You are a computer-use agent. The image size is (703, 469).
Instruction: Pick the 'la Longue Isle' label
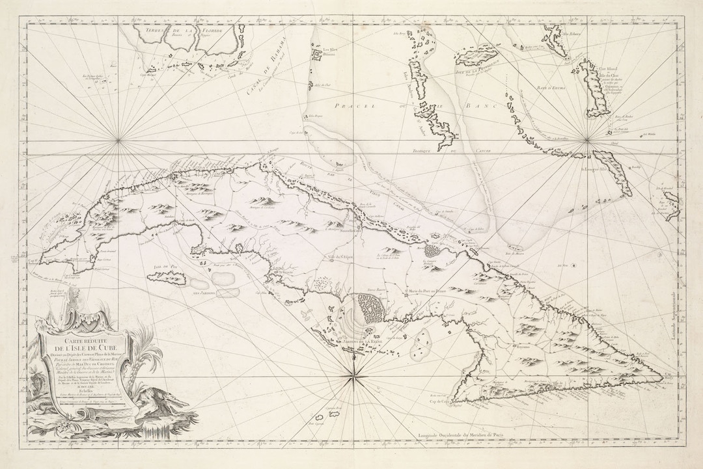point(588,172)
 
